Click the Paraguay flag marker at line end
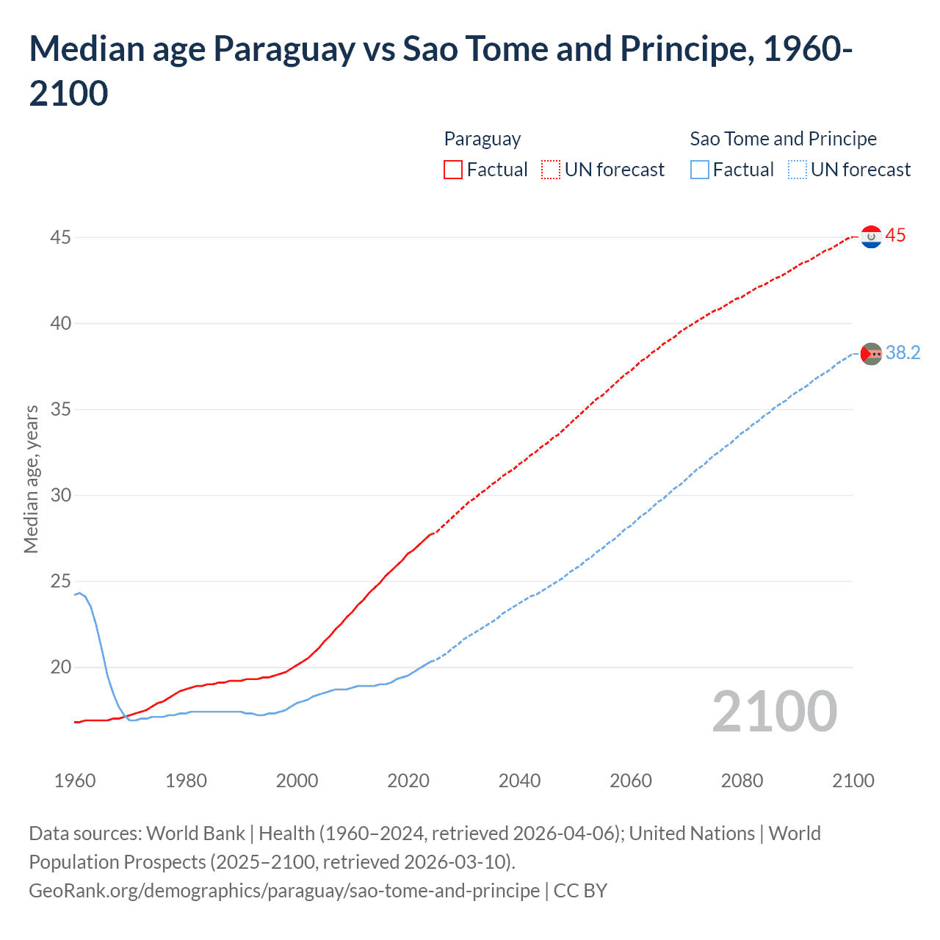pos(871,237)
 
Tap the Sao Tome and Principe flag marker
pos(871,354)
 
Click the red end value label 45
pos(895,236)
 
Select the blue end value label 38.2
pos(903,353)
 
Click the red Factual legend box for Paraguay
pos(453,170)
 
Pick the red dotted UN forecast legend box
pos(551,170)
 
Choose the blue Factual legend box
pos(700,170)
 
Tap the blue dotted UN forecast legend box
pos(797,170)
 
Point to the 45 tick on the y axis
pos(61,237)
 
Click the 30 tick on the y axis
pos(61,495)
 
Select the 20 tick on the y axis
pos(61,667)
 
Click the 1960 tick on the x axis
pos(75,781)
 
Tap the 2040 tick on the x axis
pos(519,781)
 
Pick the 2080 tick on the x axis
pos(742,781)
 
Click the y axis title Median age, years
pos(31,479)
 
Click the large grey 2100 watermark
pos(774,712)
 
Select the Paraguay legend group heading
pos(482,139)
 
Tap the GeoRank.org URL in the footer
pos(284,891)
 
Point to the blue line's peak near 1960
pos(80,593)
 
